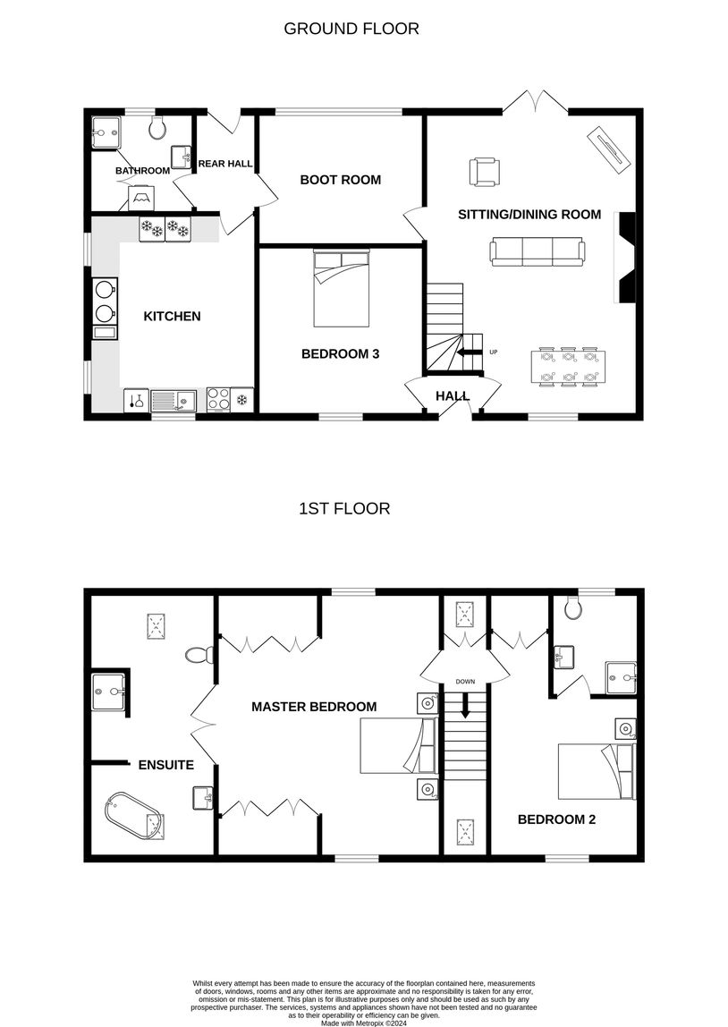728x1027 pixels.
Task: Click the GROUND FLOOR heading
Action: click(351, 29)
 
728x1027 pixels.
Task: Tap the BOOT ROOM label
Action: click(341, 180)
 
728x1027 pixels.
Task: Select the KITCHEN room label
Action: click(173, 317)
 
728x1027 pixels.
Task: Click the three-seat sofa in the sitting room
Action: click(538, 252)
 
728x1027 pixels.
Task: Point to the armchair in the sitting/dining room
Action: click(485, 172)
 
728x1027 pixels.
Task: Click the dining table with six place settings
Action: click(568, 368)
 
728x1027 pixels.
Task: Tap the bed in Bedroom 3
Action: click(341, 288)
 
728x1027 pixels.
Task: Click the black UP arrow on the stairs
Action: click(470, 352)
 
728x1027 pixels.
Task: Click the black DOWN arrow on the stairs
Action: click(465, 705)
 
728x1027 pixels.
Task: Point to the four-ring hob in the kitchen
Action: click(218, 400)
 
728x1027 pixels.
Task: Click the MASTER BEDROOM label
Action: click(314, 707)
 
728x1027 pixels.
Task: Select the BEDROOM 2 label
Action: click(556, 819)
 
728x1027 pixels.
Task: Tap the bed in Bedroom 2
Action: click(597, 771)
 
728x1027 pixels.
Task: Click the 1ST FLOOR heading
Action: click(344, 509)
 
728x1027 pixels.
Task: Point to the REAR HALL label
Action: click(225, 164)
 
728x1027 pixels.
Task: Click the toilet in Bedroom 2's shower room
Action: click(573, 607)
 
